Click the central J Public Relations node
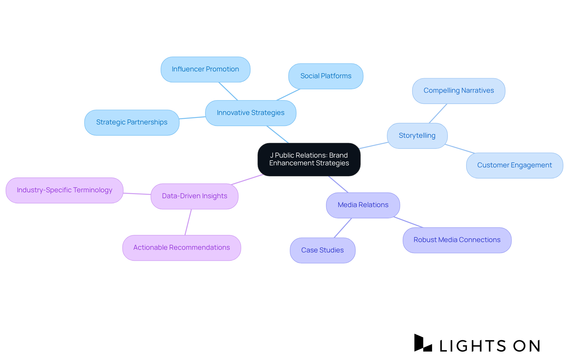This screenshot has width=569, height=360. (309, 159)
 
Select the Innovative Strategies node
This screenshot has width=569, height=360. (250, 113)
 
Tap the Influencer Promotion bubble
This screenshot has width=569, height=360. (205, 69)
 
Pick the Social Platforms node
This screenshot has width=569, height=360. (326, 76)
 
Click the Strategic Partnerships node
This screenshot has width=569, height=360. (132, 122)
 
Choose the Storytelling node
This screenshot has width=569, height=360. (417, 136)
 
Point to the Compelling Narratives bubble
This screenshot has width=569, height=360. (458, 91)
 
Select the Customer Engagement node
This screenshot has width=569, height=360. (514, 165)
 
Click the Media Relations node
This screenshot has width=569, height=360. (363, 205)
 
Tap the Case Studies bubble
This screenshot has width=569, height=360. (322, 250)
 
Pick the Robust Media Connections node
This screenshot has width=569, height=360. (457, 240)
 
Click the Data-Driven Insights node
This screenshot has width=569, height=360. (194, 196)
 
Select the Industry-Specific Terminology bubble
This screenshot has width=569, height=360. (64, 190)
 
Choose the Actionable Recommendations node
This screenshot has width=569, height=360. (181, 248)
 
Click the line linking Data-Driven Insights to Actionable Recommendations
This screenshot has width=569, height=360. (188, 222)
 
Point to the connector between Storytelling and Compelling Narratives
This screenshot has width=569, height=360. (438, 113)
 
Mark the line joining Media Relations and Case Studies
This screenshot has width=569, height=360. (343, 228)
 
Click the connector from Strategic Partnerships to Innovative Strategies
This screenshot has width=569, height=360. (192, 118)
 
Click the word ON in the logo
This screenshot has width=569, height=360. (527, 346)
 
